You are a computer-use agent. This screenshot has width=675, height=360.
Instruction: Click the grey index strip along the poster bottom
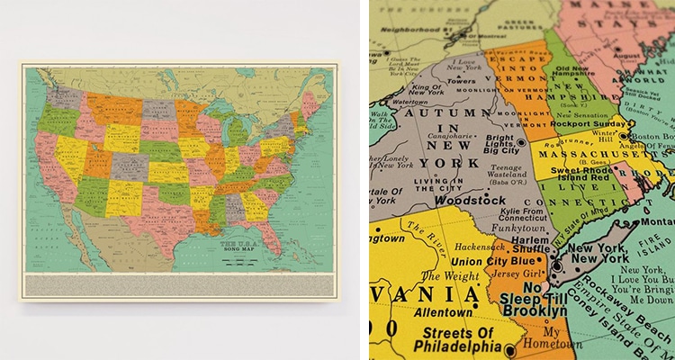pos(178,283)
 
